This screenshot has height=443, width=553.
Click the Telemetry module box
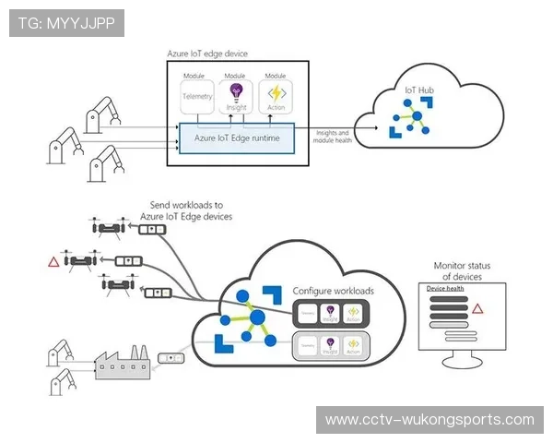(197, 94)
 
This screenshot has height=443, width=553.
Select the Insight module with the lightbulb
(236, 94)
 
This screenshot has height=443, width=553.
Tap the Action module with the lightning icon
(275, 94)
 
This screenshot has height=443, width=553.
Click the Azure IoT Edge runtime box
(237, 138)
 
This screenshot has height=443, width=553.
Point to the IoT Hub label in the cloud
(418, 90)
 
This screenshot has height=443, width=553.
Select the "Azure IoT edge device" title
(207, 54)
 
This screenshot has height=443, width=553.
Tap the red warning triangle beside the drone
(53, 262)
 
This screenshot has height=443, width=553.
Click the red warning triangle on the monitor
(477, 308)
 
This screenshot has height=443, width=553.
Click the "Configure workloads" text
(334, 291)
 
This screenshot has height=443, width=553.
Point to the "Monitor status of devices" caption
(462, 271)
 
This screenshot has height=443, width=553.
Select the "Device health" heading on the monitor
(444, 289)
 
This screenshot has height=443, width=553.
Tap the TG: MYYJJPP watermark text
(65, 22)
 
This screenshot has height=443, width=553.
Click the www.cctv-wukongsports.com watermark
(429, 420)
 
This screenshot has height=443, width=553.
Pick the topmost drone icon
(109, 228)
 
